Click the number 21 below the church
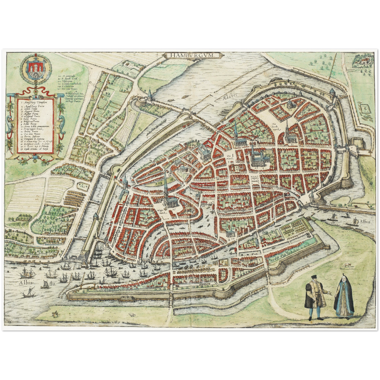(x=292, y=144)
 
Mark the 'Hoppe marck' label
(x=160, y=212)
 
